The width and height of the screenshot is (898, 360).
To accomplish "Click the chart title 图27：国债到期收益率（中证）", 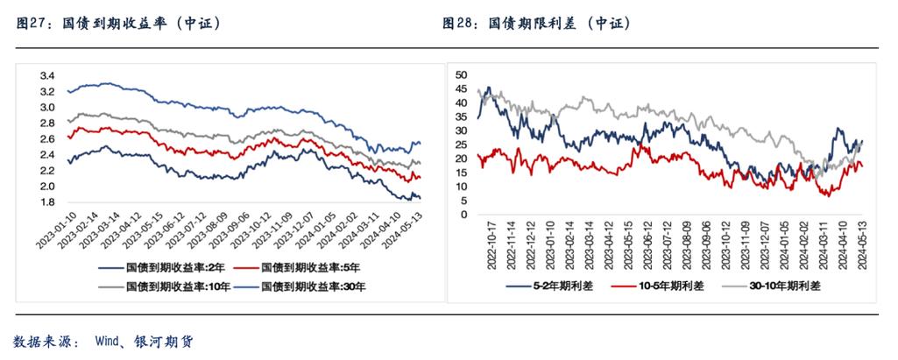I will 118,24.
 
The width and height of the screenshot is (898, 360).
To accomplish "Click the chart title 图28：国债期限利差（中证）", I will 537,24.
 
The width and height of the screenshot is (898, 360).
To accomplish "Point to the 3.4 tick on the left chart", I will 48,74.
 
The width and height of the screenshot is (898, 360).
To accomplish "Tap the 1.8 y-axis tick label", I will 48,202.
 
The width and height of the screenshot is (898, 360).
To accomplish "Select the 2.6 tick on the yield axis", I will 48,138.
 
